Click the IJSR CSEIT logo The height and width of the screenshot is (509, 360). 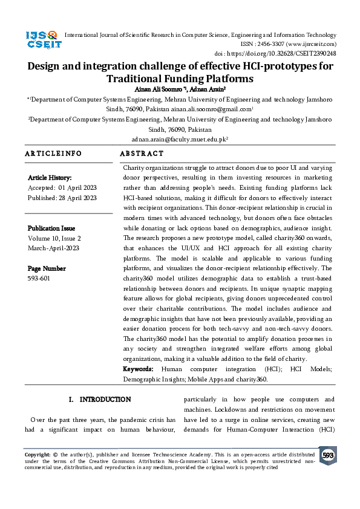point(42,41)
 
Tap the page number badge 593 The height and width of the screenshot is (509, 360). point(328,455)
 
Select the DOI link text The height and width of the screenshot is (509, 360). point(290,53)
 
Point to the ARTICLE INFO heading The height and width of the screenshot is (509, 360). point(53,154)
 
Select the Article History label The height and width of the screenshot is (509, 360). point(50,178)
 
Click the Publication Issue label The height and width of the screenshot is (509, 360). point(51,229)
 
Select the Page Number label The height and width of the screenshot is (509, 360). point(47,268)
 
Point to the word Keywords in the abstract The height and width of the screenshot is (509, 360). point(138,369)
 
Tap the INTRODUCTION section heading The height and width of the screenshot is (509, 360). point(105,400)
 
